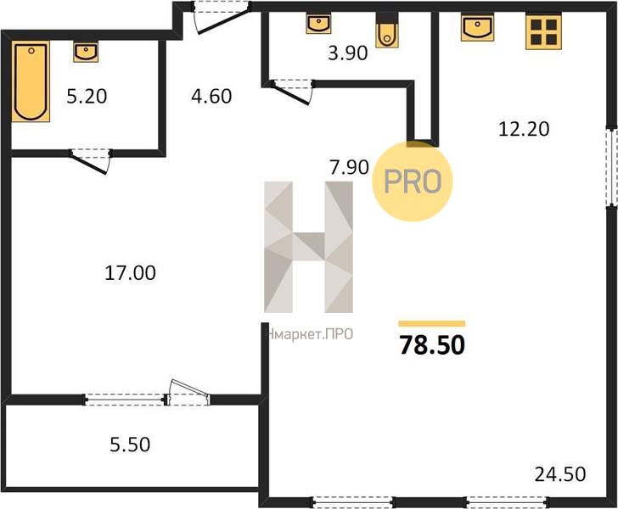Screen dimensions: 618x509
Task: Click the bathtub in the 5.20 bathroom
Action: (31, 81)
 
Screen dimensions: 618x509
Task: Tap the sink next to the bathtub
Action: (86, 53)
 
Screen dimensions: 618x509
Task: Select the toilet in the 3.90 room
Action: (387, 31)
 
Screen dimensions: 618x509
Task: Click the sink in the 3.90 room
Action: (318, 24)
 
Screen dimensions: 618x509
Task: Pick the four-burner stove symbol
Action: (543, 32)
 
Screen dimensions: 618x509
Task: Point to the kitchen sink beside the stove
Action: (478, 27)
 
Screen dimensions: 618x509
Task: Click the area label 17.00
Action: (130, 272)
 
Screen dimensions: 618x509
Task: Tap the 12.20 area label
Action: (524, 129)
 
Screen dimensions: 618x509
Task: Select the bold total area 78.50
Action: (432, 344)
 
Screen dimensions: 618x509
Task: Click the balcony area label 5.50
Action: (130, 445)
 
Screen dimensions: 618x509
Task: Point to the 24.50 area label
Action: (560, 474)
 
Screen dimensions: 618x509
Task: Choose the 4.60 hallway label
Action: (211, 96)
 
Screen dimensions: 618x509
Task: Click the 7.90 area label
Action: (349, 167)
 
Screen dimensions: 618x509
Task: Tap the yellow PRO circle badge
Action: (413, 182)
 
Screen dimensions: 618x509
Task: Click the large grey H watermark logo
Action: (309, 247)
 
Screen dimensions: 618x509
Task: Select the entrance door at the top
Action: (221, 18)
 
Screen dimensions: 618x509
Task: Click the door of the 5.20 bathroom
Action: (89, 160)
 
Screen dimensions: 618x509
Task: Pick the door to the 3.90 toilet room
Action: (292, 92)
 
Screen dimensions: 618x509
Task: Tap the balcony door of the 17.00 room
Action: (188, 393)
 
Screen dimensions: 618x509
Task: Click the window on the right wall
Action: (611, 166)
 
